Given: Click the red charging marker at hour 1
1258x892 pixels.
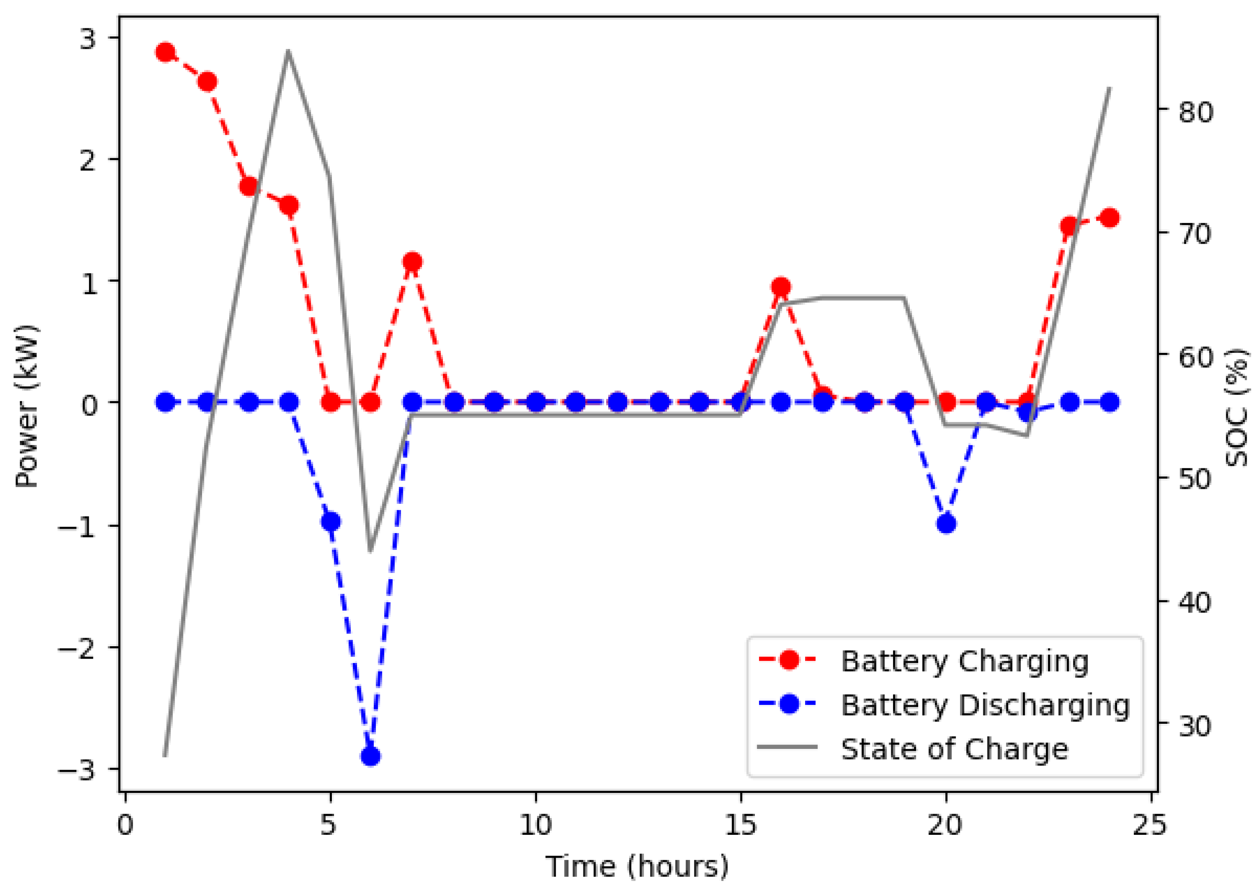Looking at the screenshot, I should click(165, 53).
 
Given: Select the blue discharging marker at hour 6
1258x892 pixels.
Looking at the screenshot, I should click(371, 757).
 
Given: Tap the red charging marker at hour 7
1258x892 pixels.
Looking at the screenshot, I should click(412, 262).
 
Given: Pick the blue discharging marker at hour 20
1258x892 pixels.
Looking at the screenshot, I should click(946, 524).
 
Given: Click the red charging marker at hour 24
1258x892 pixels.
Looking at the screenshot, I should click(1110, 218).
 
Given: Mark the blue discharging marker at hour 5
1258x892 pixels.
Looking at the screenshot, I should click(330, 521).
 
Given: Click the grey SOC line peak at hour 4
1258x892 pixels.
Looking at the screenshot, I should click(288, 52).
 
